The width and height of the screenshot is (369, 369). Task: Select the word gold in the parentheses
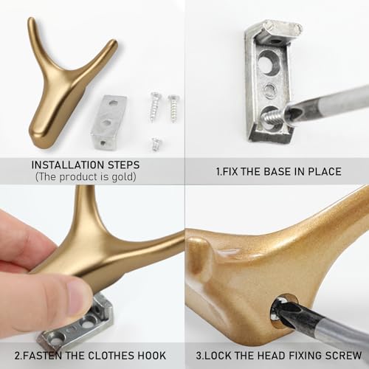(123, 177)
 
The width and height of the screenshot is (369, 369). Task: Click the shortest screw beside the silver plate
(156, 144)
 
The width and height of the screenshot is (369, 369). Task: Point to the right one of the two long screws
(173, 108)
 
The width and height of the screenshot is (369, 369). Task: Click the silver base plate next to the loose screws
(108, 122)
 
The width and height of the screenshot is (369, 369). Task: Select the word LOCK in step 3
(218, 356)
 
